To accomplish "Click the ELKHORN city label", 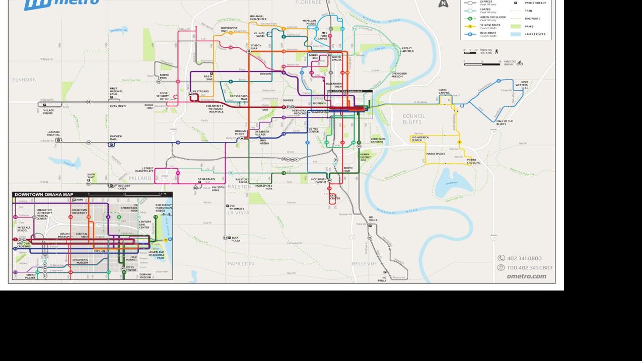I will tap(25, 80).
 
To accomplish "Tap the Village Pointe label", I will tap(48, 111).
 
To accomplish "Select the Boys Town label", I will tap(118, 106).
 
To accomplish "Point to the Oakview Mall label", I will tap(116, 137).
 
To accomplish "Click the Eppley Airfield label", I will tap(407, 50).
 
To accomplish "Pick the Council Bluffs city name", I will tap(414, 119).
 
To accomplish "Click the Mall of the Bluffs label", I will tap(505, 122).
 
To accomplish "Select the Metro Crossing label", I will tap(473, 161).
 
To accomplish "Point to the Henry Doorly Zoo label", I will tap(365, 157).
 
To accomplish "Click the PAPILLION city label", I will tap(241, 263).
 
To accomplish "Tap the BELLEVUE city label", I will tap(364, 263).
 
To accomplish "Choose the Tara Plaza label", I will tap(236, 239).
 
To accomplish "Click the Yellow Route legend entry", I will tap(490, 26).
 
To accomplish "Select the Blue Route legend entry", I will tap(488, 34).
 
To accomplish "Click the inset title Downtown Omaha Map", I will tap(44, 194).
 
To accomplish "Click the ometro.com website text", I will tap(526, 276).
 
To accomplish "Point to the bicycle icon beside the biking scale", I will tap(520, 63).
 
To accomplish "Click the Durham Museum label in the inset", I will tap(145, 276).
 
